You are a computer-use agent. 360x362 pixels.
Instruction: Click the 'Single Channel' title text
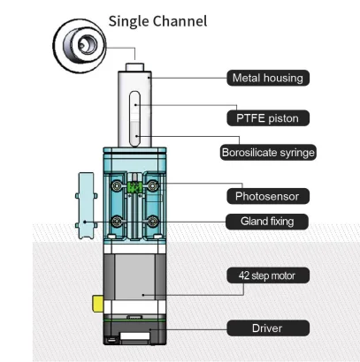click(157, 19)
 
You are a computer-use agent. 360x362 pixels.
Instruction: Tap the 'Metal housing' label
click(266, 78)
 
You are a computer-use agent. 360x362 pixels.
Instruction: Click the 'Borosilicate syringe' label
click(267, 152)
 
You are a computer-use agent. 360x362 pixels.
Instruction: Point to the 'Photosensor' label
click(267, 194)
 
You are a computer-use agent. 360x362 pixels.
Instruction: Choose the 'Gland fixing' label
click(267, 220)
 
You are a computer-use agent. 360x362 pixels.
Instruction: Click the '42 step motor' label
click(267, 275)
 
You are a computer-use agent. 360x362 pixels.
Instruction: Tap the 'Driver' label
click(267, 328)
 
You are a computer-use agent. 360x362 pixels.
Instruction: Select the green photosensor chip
click(134, 187)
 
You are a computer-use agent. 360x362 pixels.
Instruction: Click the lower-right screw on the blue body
click(155, 220)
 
